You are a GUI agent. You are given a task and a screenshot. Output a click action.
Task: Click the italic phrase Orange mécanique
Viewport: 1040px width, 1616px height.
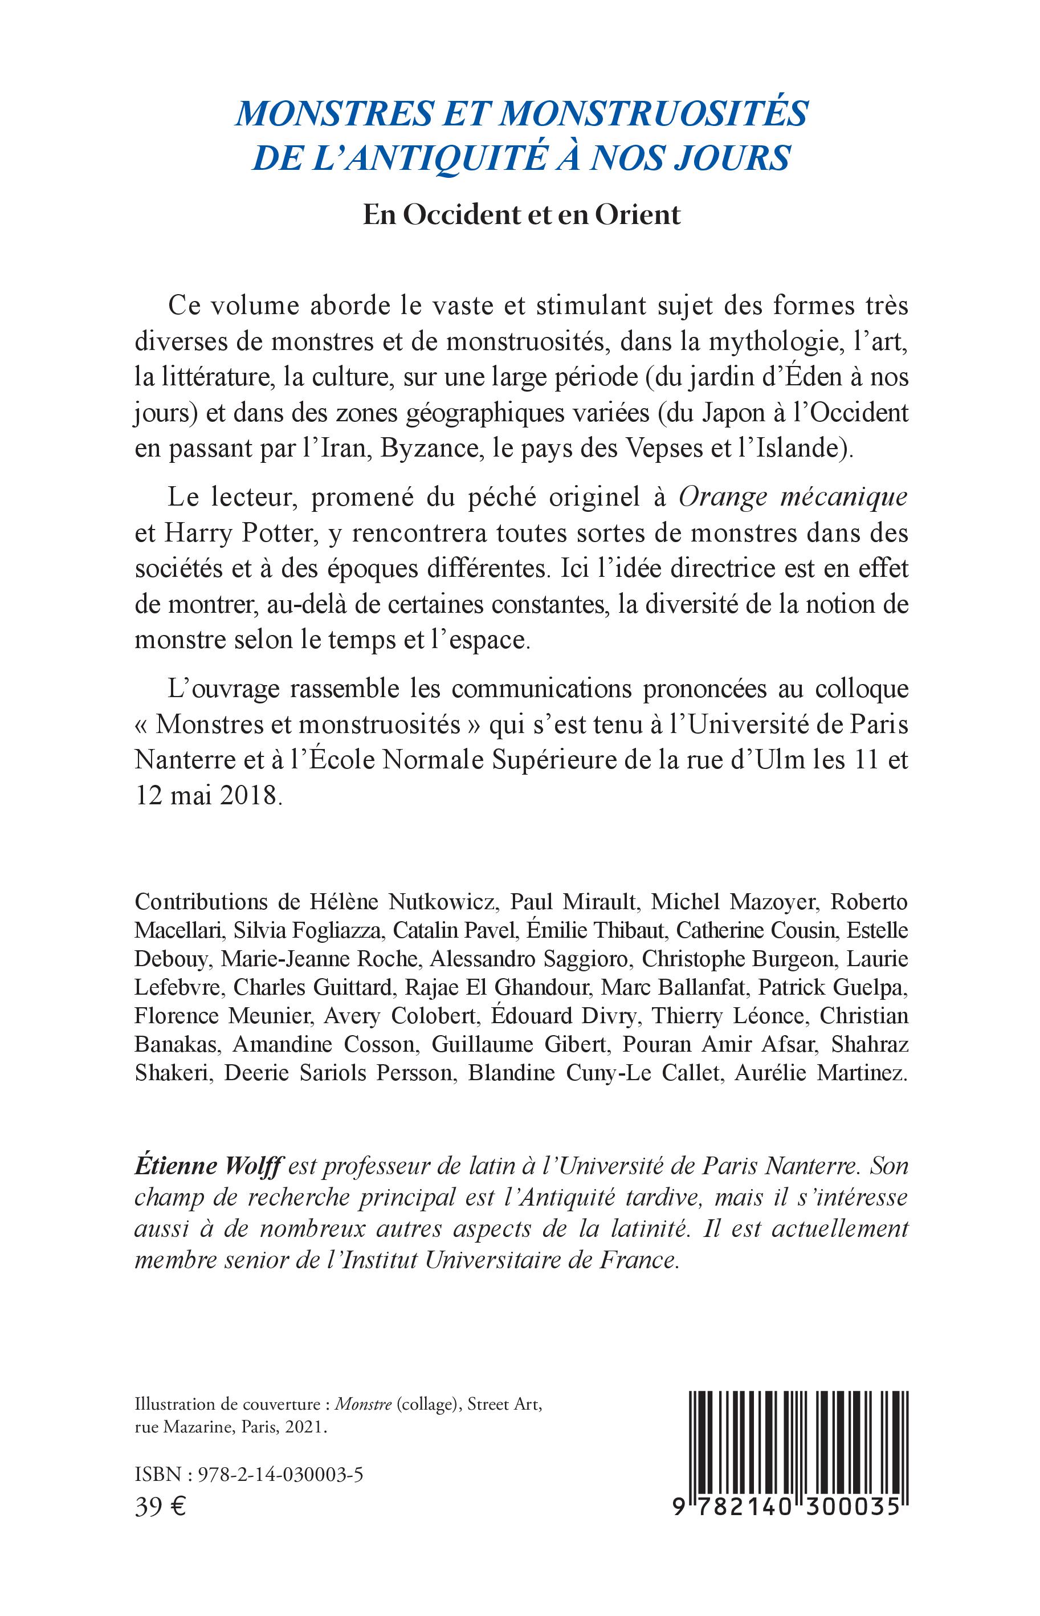(x=793, y=496)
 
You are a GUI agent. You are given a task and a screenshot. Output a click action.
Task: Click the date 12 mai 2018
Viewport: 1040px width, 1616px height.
(x=207, y=796)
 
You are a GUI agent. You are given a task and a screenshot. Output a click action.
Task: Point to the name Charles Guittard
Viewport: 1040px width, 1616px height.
(x=313, y=987)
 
